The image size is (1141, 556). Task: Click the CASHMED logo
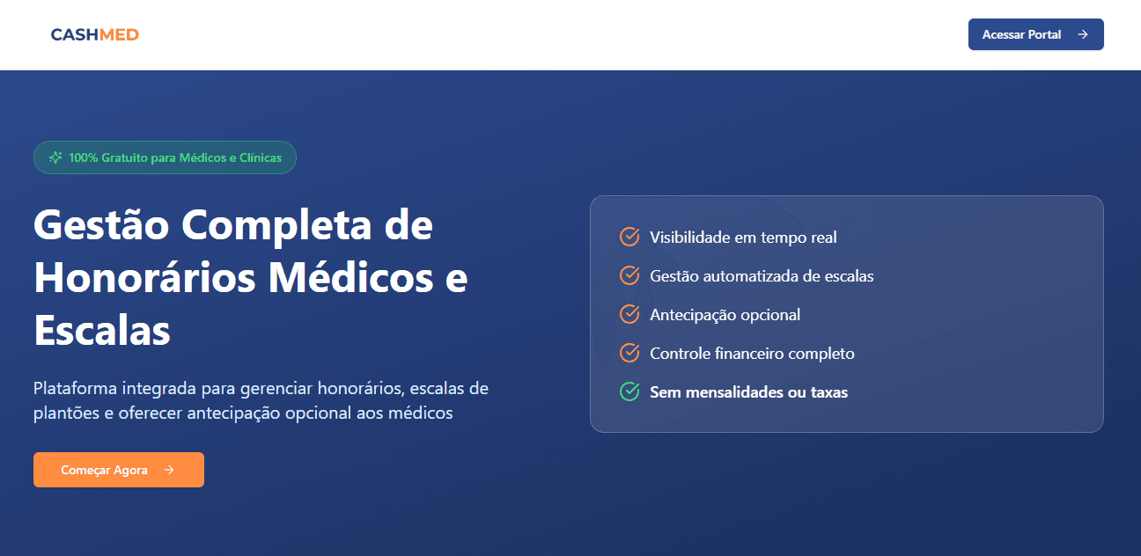coord(95,34)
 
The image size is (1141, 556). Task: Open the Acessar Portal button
coord(1035,34)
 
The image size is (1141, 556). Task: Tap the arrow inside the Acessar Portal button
coord(1083,34)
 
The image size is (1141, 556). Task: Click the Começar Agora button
coord(119,470)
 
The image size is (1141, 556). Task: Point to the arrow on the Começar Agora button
coord(169,470)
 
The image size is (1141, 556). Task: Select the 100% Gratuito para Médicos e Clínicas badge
coord(165,157)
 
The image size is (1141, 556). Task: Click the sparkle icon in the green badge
coord(55,157)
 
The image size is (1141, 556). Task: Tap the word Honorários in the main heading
coord(145,278)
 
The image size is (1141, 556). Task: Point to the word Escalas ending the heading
coord(102,331)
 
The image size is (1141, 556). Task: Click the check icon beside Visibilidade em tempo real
coord(629,237)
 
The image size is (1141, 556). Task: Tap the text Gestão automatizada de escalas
coord(762,275)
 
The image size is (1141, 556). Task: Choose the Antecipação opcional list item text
coord(725,314)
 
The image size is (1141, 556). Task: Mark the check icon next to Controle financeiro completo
coord(629,353)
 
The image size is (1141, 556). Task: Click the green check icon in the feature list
coord(629,391)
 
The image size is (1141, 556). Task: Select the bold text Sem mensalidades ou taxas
coord(748,391)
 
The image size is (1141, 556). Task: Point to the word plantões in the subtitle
coord(67,413)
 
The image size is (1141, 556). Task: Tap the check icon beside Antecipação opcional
coord(629,314)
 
